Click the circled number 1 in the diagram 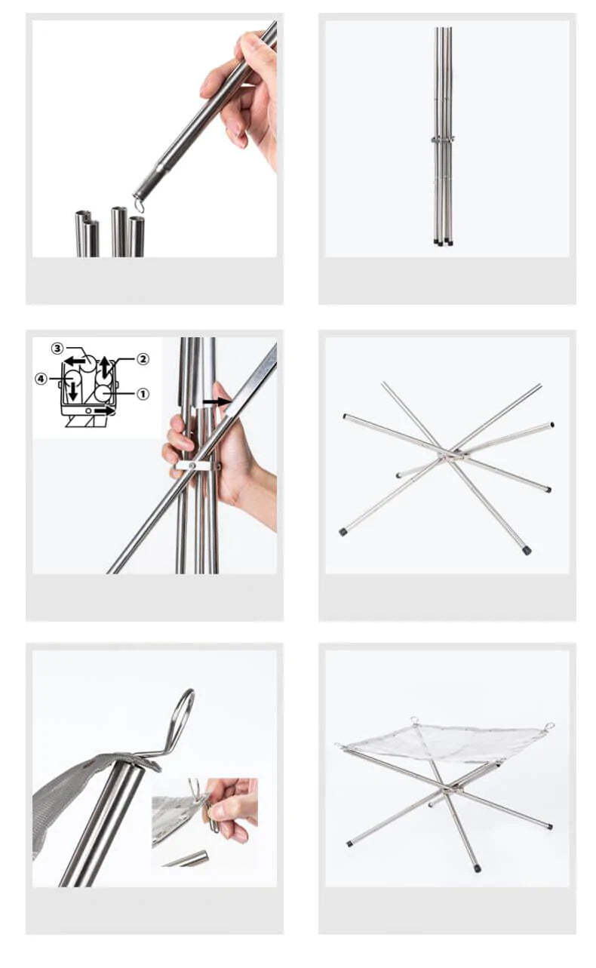[143, 394]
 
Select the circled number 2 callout [143, 359]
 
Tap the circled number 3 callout [57, 349]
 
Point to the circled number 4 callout [41, 379]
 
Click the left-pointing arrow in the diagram [74, 361]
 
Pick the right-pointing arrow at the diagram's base [105, 410]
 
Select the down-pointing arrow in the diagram [73, 391]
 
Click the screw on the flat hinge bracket [192, 465]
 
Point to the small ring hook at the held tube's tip [139, 204]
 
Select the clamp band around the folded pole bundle [442, 139]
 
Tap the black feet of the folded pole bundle [443, 243]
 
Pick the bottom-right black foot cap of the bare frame [527, 551]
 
